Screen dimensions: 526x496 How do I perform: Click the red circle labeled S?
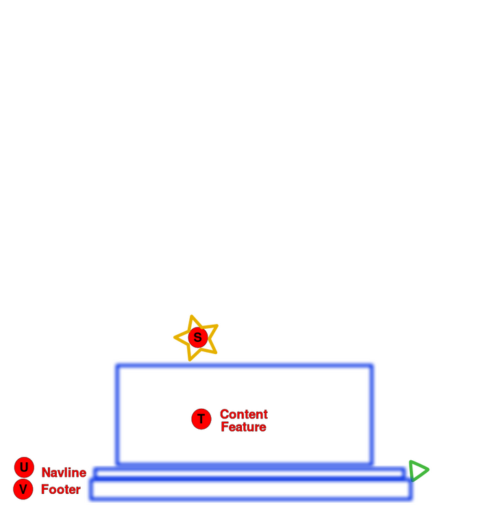pos(197,337)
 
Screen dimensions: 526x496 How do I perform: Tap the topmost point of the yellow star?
pos(194,314)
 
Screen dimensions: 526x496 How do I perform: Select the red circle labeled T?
pos(201,418)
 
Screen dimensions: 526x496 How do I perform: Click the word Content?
pos(243,414)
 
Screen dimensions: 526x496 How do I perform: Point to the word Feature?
pos(243,427)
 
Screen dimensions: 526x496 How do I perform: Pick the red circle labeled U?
pos(24,467)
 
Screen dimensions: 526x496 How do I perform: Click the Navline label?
pos(64,472)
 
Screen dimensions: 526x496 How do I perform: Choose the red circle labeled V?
pos(23,489)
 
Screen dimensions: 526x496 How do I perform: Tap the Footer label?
pos(61,490)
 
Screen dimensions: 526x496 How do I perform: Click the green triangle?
pos(417,469)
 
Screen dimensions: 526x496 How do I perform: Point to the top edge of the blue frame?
pos(245,365)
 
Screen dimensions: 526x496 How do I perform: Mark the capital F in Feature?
pos(225,427)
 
